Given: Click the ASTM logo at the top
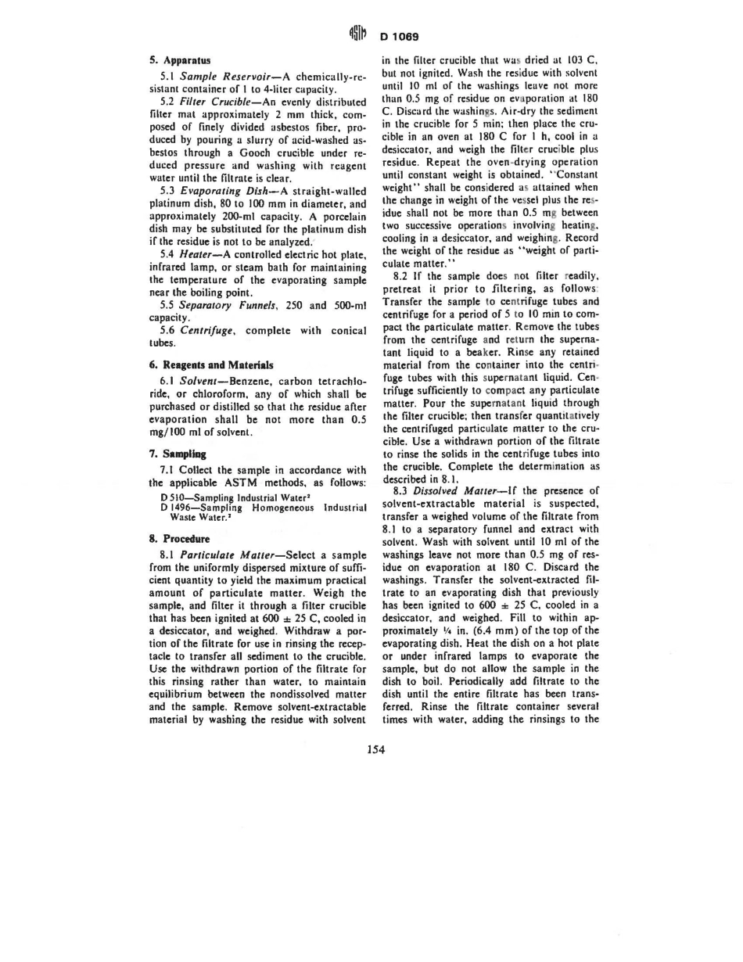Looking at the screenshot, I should (362, 36).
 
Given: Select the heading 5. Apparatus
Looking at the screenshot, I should (174, 59).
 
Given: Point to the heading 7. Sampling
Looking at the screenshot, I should (177, 454).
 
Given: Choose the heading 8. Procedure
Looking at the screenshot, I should (179, 538).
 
